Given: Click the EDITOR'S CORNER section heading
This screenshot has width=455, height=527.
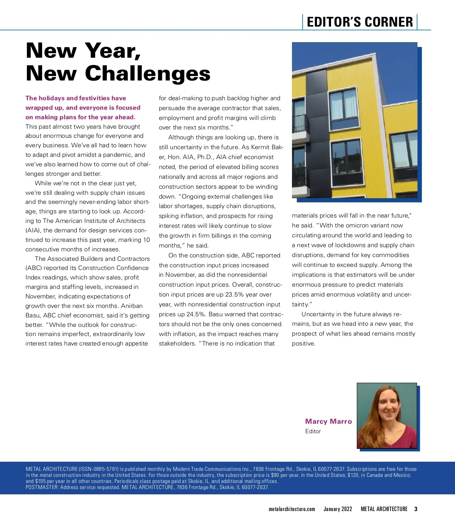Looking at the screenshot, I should pos(359,22).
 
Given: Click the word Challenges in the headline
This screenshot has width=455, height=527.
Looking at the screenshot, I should pos(147,73).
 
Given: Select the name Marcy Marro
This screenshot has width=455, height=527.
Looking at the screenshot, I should pos(328,421).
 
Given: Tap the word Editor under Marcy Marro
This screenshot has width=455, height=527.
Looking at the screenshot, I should pos(313,431).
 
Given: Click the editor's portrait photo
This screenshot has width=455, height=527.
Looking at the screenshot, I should pos(386,415).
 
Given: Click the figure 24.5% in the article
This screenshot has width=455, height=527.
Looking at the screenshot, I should pos(196,314).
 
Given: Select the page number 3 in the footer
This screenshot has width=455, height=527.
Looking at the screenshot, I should pos(416,509).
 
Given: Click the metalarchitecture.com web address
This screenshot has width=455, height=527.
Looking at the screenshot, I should pos(292,509).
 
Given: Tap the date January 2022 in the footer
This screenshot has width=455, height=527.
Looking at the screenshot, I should pos(337,509).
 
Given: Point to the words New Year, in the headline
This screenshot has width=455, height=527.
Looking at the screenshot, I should pos(83,50).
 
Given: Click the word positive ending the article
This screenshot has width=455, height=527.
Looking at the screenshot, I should pos(303,344).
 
